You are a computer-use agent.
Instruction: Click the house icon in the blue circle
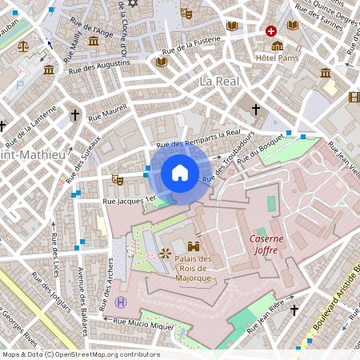[180, 172]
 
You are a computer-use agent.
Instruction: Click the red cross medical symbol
[271, 31]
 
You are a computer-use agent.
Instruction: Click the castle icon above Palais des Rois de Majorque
[193, 246]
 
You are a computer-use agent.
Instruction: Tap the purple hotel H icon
[121, 302]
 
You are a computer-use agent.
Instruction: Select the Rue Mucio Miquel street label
[143, 323]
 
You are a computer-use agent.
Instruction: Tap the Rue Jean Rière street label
[266, 314]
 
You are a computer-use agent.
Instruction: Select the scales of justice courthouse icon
[22, 46]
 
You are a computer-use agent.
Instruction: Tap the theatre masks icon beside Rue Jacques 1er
[118, 180]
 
